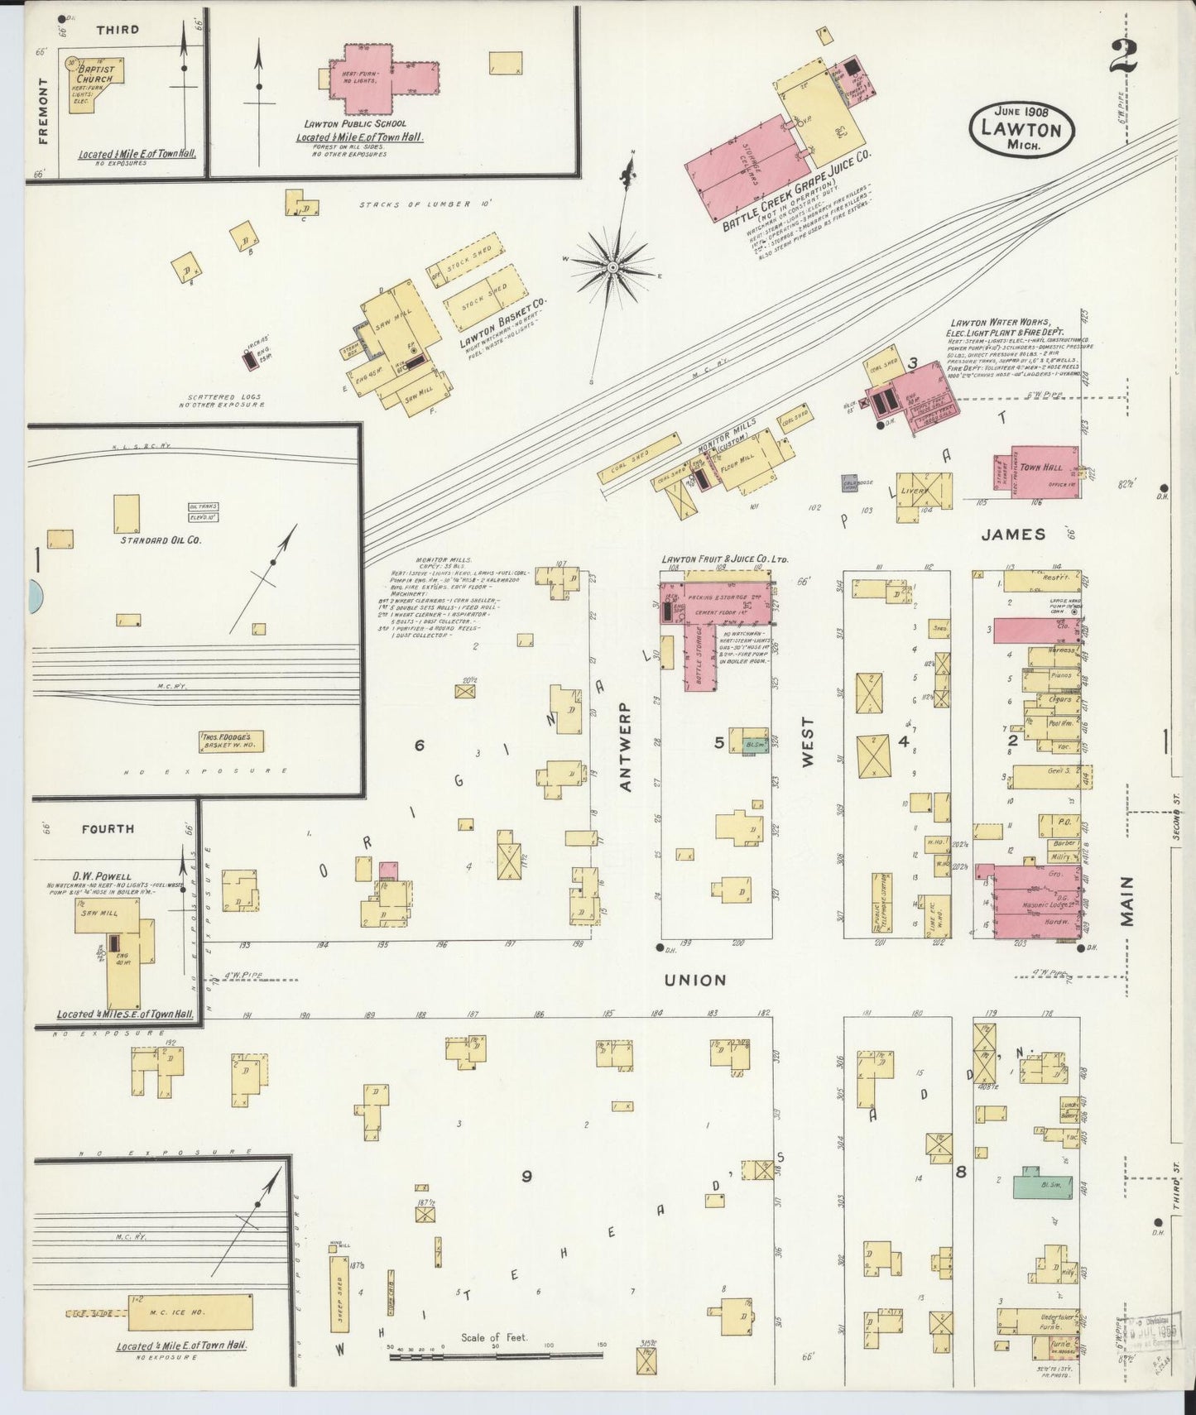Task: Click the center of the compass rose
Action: pyautogui.click(x=612, y=267)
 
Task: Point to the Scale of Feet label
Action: pyautogui.click(x=494, y=1337)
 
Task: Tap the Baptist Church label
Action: pyautogui.click(x=94, y=74)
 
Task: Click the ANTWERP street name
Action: pyautogui.click(x=626, y=746)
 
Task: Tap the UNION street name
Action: pyautogui.click(x=695, y=980)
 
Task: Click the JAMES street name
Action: pyautogui.click(x=1013, y=535)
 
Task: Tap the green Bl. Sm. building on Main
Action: pyautogui.click(x=1042, y=1185)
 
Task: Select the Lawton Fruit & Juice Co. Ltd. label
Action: pyautogui.click(x=724, y=559)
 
